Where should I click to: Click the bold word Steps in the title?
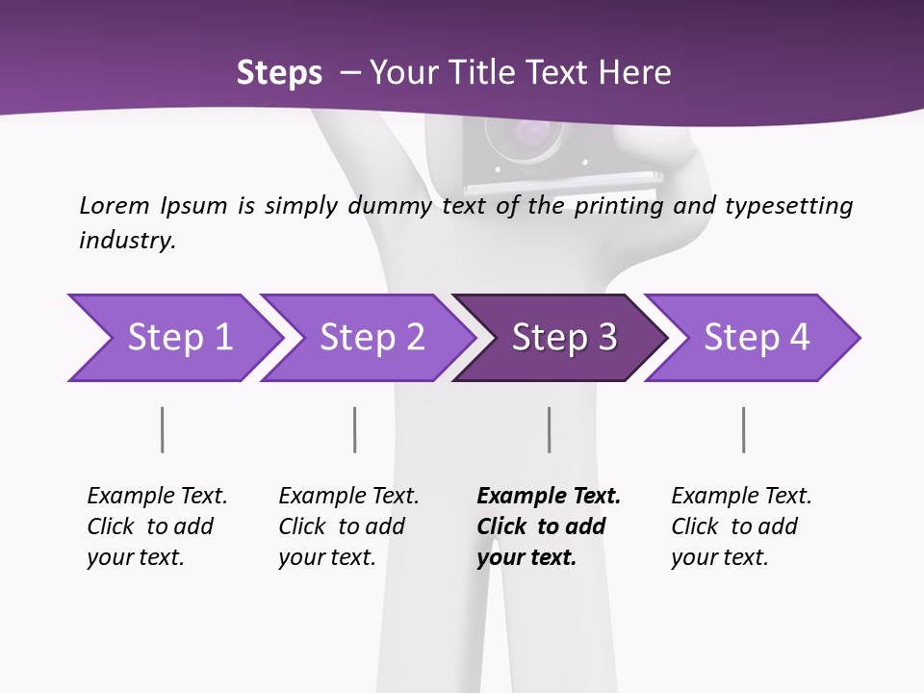click(x=279, y=73)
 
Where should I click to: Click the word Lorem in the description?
click(x=114, y=206)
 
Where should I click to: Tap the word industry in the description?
click(x=127, y=241)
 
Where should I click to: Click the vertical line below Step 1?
click(x=162, y=429)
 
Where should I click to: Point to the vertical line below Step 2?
click(x=354, y=429)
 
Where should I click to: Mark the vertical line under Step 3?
click(x=549, y=429)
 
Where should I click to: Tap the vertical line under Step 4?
click(x=743, y=429)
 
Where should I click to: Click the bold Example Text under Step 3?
click(x=549, y=497)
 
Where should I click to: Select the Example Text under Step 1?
click(x=157, y=497)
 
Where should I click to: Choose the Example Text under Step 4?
click(x=741, y=497)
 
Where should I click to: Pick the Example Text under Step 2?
click(x=348, y=497)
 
